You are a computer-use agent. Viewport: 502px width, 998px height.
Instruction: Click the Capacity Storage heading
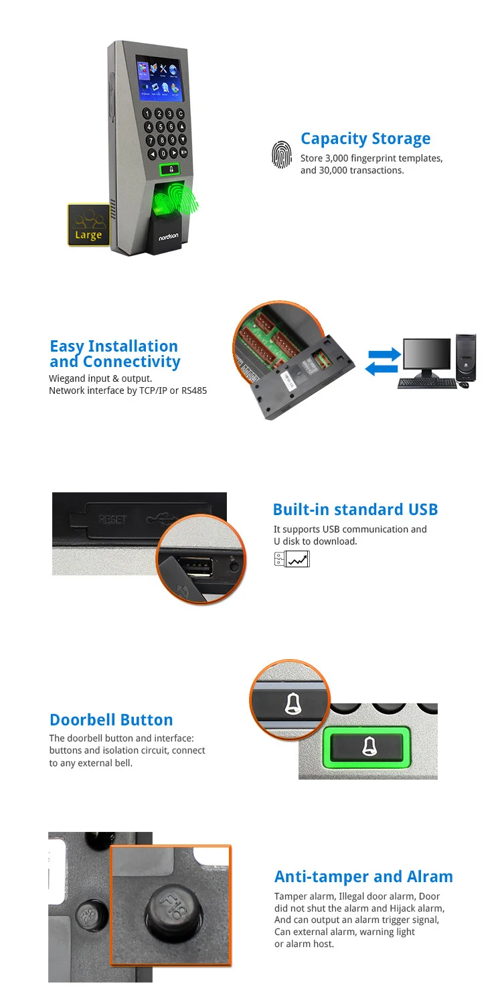tap(365, 139)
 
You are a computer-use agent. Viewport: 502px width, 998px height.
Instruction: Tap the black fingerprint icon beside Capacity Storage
tap(282, 154)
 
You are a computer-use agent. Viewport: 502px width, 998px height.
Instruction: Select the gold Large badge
tap(88, 225)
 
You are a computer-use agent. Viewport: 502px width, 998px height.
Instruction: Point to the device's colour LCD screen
tap(161, 78)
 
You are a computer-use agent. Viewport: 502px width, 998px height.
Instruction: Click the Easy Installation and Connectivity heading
tap(114, 354)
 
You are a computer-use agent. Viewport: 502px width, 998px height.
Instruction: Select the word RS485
tap(193, 390)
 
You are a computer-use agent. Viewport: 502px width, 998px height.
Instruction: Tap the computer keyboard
tap(426, 383)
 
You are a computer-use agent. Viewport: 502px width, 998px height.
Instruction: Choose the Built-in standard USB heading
tap(355, 510)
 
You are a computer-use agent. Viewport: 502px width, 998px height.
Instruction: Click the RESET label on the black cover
tap(112, 520)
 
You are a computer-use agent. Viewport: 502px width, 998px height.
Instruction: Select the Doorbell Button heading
tap(111, 720)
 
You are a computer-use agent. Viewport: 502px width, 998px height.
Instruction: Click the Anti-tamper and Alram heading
tap(363, 877)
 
